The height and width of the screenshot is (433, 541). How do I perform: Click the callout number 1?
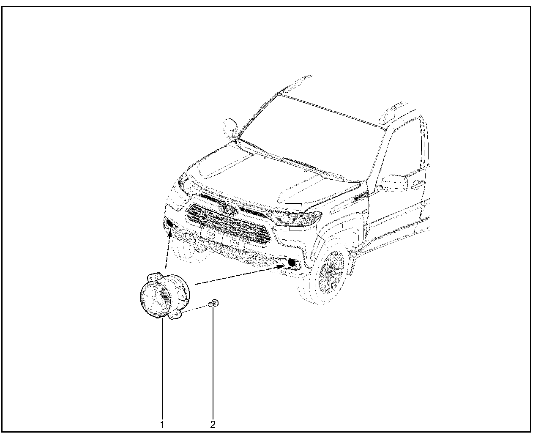click(162, 424)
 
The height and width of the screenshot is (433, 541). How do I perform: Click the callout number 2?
click(213, 424)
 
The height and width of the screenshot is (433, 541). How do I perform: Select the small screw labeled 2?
click(213, 303)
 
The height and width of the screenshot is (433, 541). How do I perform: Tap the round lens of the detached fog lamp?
click(155, 299)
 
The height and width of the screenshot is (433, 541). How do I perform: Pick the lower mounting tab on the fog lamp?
click(175, 315)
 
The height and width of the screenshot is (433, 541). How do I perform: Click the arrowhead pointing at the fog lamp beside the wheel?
click(281, 267)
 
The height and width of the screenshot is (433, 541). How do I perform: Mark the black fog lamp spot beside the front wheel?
click(292, 263)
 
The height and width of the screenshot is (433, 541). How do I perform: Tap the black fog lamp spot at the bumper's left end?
click(170, 223)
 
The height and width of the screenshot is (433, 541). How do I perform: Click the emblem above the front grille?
click(228, 208)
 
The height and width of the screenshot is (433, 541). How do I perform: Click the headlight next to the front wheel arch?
click(295, 218)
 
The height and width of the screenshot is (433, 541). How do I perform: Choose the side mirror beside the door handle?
click(394, 183)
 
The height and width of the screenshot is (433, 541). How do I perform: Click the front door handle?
click(418, 184)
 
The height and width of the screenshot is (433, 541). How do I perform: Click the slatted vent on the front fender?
click(361, 197)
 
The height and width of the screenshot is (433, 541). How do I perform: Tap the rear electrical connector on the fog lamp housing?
click(180, 293)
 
